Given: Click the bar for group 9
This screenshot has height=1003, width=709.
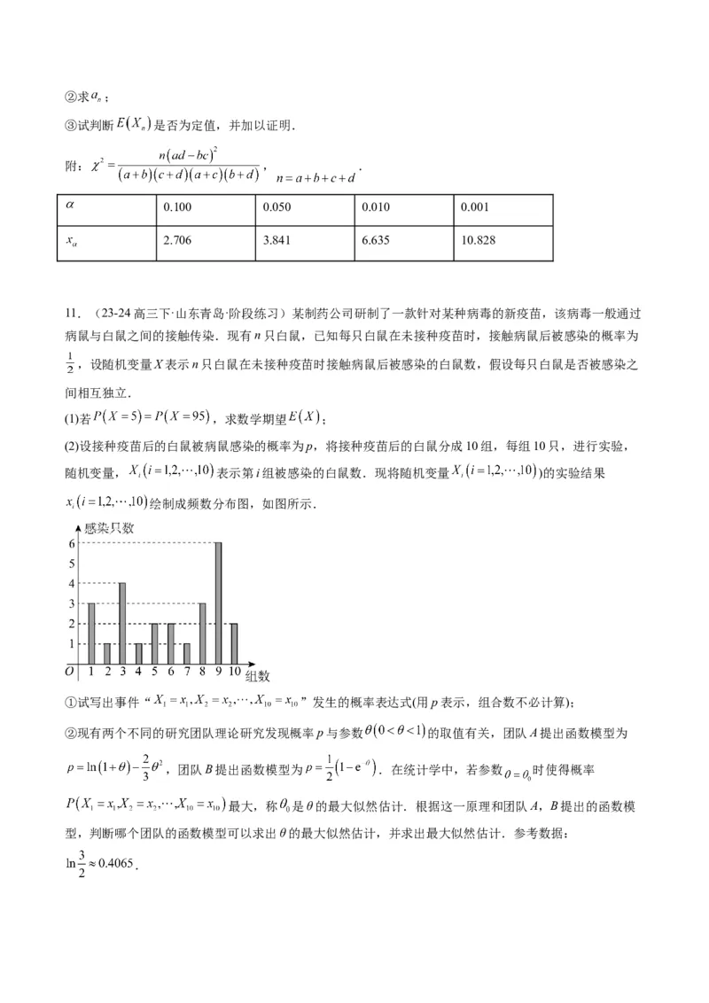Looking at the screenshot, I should coord(218,603).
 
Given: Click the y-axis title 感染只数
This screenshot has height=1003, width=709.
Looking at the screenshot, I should coord(108,528).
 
